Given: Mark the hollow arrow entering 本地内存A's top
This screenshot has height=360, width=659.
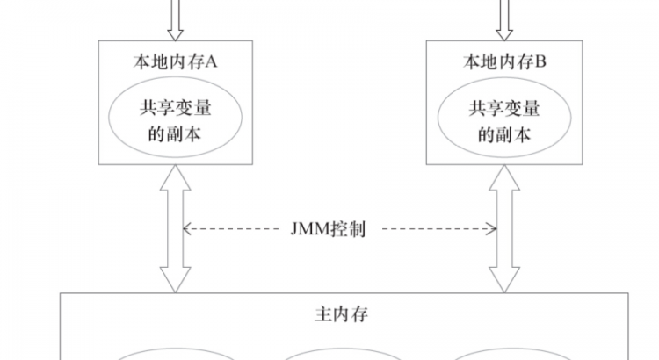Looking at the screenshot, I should pos(174,19).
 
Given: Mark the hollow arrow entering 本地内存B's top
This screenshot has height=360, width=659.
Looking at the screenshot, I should pos(503,19).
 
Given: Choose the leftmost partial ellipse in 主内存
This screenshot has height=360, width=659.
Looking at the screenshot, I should pos(176,354).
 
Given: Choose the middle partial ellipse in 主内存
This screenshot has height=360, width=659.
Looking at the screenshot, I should pos(334,354).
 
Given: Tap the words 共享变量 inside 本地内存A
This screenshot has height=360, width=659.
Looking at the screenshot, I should pos(174,109).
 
